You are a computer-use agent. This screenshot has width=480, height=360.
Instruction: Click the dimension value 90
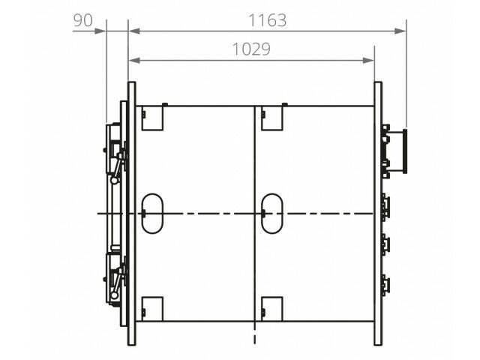click(82, 20)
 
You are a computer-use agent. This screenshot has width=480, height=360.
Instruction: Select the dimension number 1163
click(267, 20)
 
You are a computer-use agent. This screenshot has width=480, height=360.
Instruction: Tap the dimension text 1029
click(251, 49)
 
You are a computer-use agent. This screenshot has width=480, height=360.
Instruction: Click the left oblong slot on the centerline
click(152, 213)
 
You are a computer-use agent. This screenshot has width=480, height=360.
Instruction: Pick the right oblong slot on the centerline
click(271, 213)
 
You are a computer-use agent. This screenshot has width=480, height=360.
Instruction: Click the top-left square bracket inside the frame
click(152, 118)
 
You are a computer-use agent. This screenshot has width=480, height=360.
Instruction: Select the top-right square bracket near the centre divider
click(271, 118)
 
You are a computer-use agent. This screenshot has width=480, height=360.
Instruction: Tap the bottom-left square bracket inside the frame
click(152, 309)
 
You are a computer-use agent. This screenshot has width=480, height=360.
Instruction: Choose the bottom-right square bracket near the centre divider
click(271, 309)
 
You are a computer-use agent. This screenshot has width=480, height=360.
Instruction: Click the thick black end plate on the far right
click(405, 151)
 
